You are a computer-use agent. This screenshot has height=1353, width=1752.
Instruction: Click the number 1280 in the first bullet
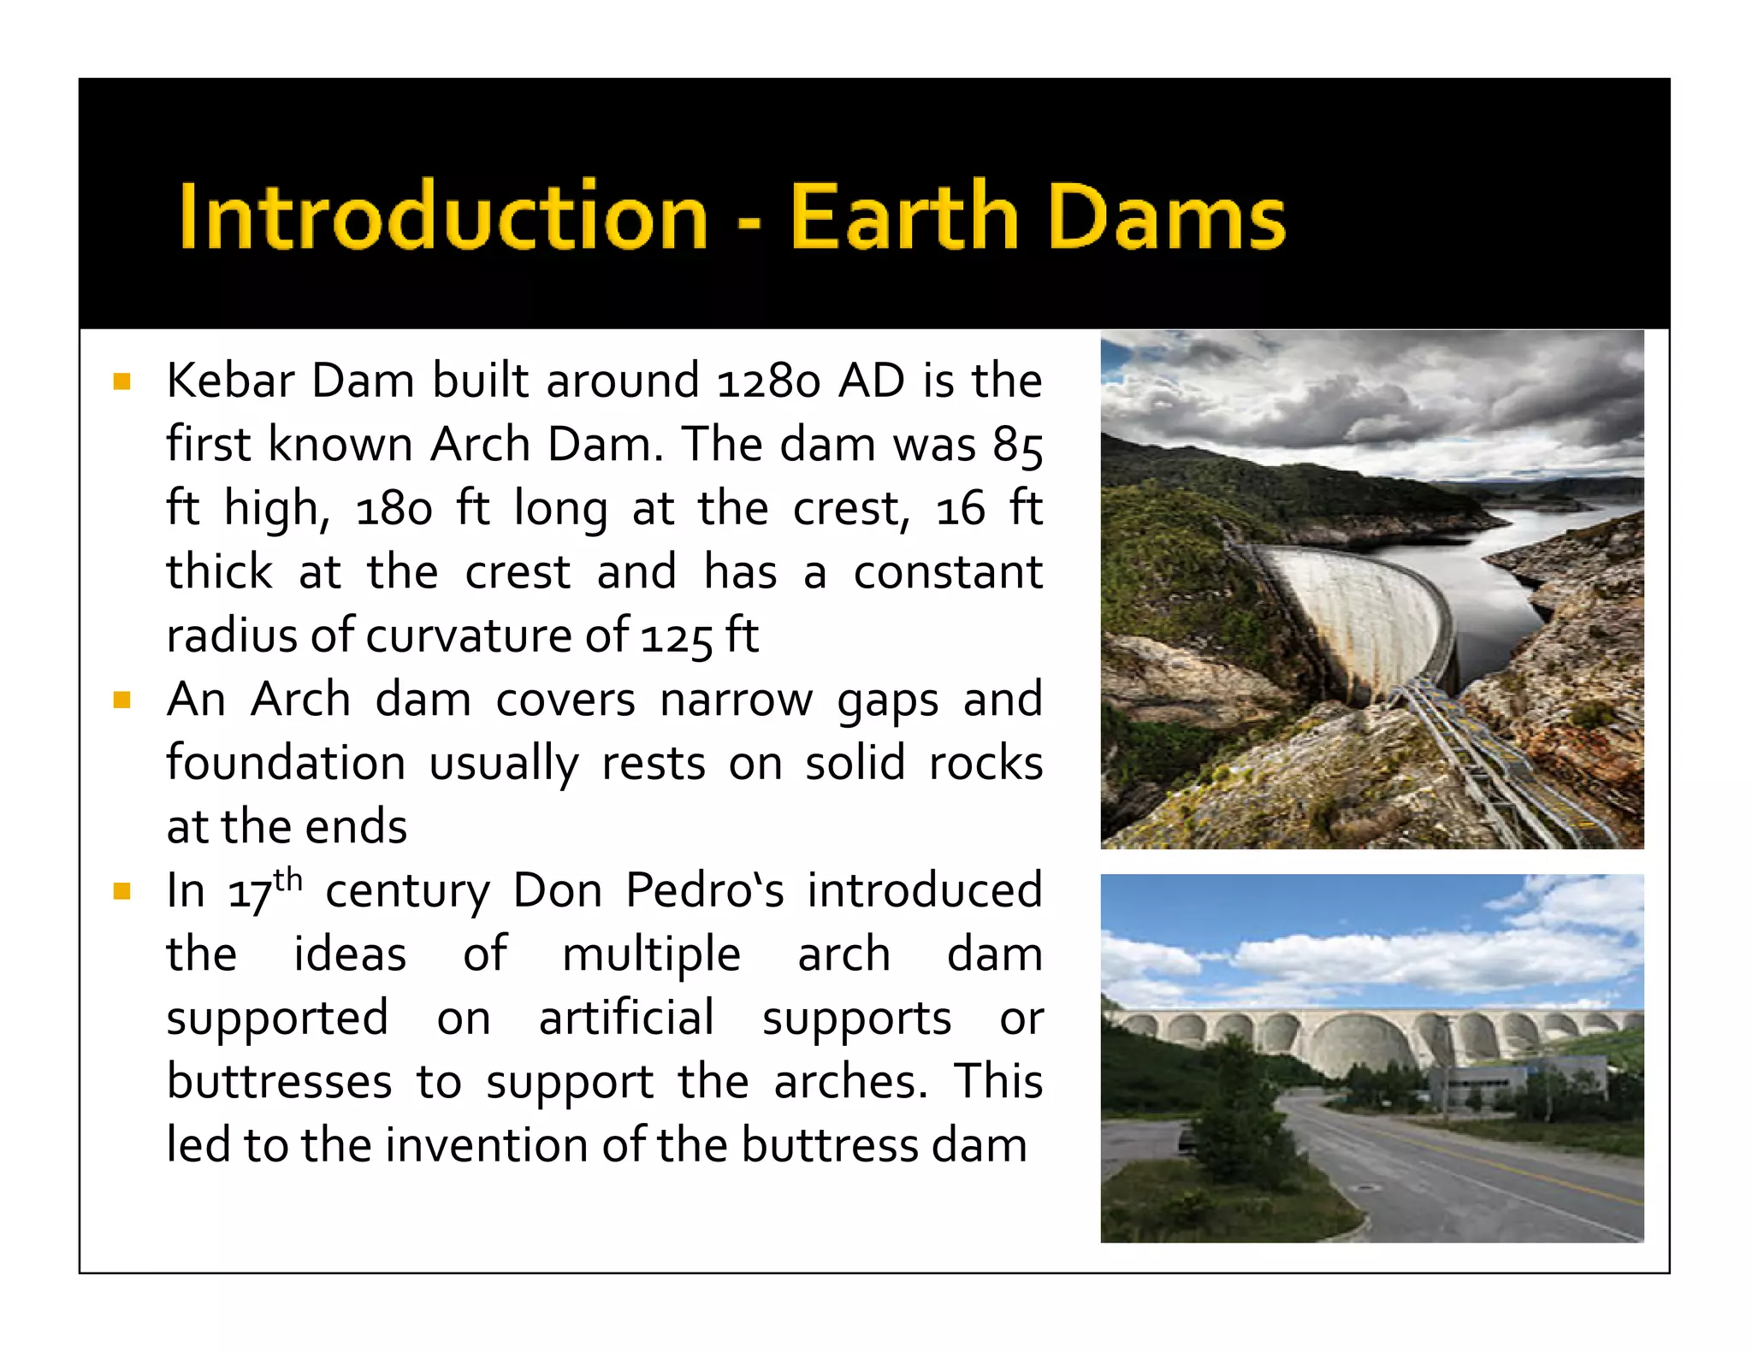[x=768, y=381]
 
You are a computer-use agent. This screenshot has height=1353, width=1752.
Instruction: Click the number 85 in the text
[x=1017, y=446]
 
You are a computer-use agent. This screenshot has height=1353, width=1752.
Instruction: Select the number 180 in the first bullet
[x=394, y=510]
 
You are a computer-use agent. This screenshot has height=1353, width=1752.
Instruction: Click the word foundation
[x=286, y=764]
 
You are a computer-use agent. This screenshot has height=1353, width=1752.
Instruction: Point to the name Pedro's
[x=704, y=891]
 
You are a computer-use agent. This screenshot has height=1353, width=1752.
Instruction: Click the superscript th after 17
[x=288, y=879]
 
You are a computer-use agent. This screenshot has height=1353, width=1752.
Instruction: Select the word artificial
[x=626, y=1019]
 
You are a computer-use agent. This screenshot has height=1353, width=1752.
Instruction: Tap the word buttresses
[x=279, y=1083]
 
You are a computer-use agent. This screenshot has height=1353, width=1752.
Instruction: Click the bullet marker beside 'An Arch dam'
[x=122, y=700]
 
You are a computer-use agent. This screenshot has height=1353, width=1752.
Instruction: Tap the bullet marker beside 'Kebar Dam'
[x=122, y=381]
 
